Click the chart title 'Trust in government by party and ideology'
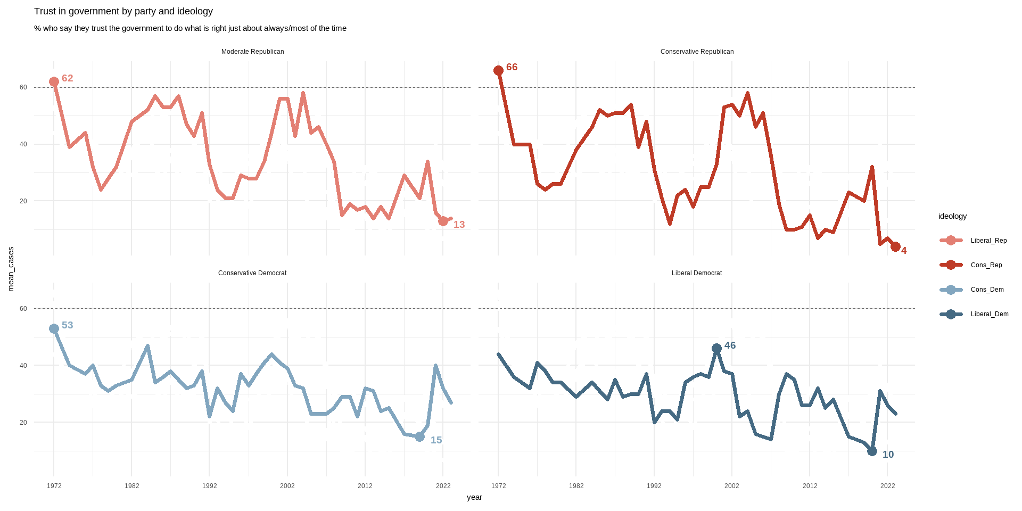click(123, 11)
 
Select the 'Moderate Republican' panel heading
click(252, 52)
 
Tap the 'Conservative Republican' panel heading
click(697, 52)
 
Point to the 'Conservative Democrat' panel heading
click(252, 273)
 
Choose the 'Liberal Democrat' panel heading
click(697, 273)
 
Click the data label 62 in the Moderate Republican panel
click(67, 78)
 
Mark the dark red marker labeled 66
click(498, 70)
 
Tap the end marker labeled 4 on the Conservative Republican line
click(895, 246)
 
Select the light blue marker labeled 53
click(54, 329)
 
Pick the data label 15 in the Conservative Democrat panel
click(436, 440)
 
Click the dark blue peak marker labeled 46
click(716, 348)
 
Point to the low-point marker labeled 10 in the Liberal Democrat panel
click(872, 451)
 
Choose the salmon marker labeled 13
click(443, 221)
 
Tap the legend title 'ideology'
click(952, 216)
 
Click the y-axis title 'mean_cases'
click(11, 269)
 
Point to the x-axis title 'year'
click(474, 497)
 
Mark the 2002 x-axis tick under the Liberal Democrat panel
click(731, 486)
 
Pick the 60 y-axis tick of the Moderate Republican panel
click(23, 87)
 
